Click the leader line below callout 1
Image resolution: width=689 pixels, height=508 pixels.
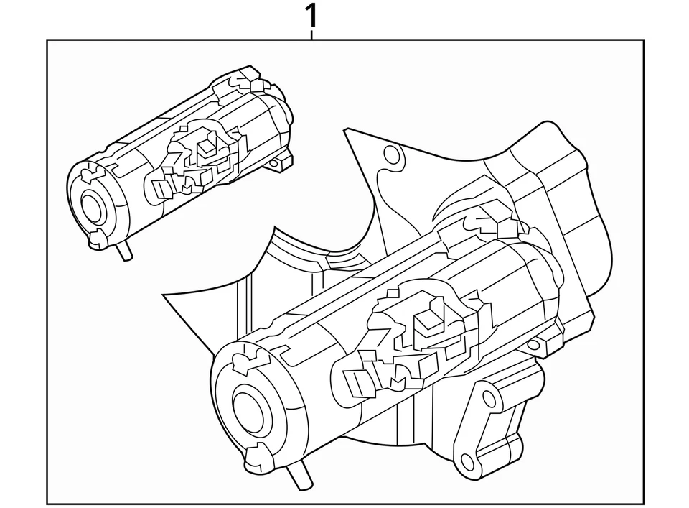coord(311,33)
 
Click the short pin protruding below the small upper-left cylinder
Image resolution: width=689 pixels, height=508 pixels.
coord(126,251)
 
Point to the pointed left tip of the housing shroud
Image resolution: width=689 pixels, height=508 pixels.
coord(166,295)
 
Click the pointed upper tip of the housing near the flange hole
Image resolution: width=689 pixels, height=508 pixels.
coord(347,130)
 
